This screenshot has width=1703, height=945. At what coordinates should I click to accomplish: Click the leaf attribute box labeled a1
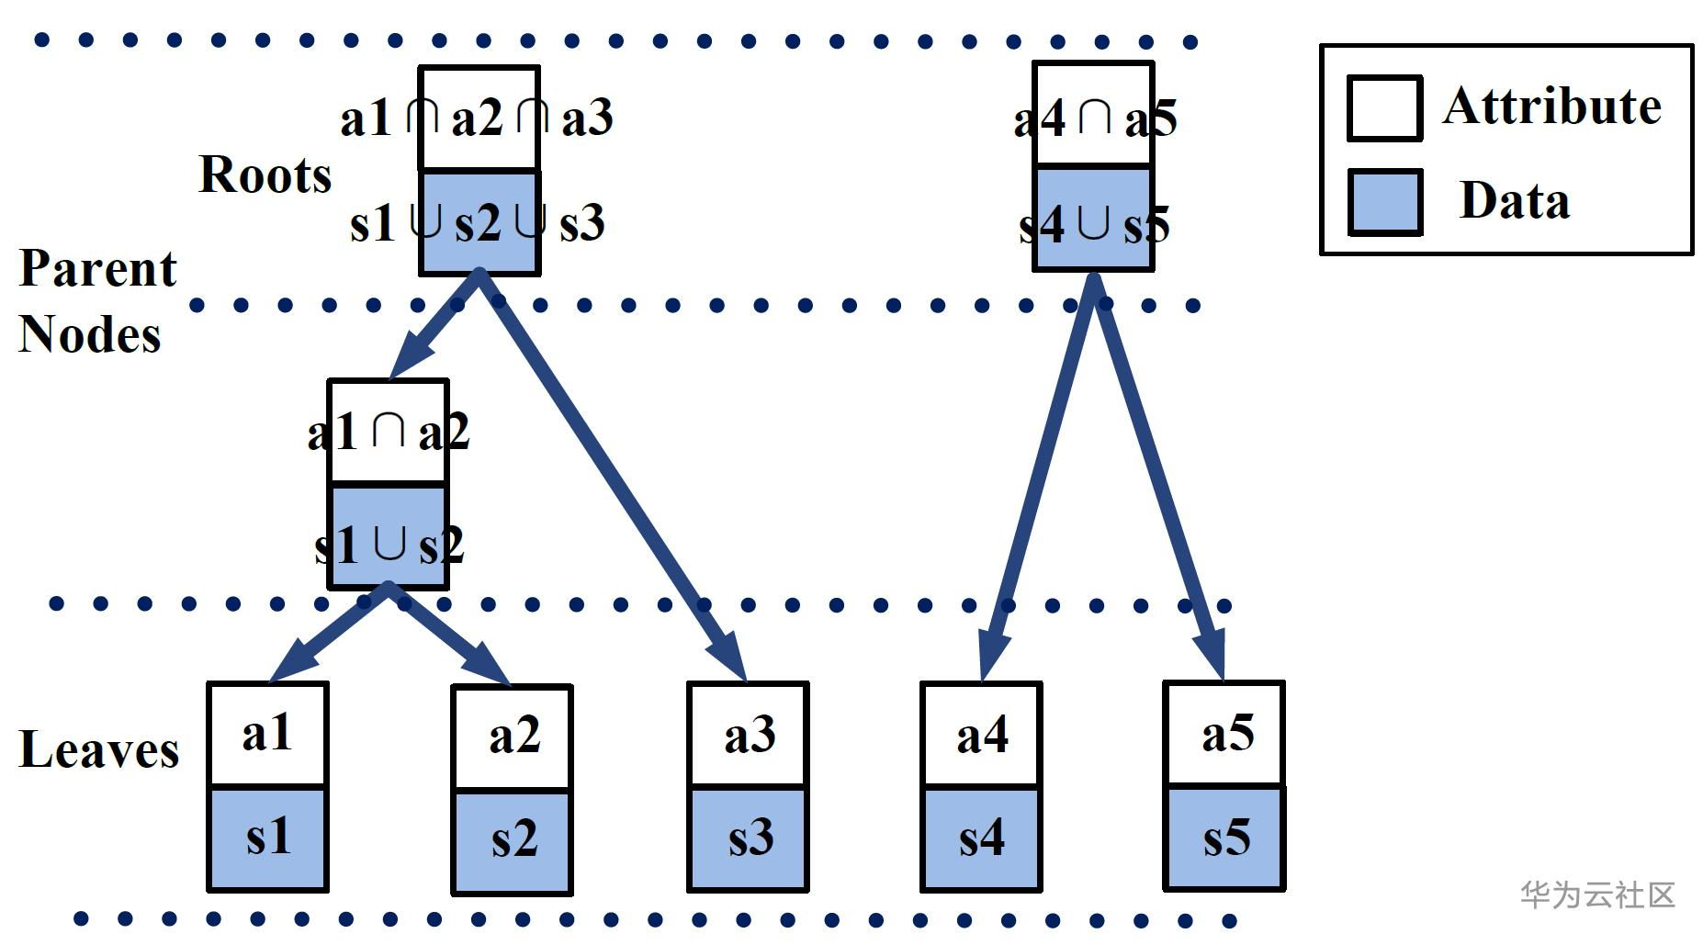(267, 735)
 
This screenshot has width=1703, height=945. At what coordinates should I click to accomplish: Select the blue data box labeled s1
(267, 838)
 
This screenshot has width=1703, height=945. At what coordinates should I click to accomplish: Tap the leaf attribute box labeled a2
(512, 737)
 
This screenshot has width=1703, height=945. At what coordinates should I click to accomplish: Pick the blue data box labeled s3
(748, 838)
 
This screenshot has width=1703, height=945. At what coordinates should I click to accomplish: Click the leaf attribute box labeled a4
(981, 735)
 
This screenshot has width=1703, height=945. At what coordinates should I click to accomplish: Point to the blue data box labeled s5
(1224, 838)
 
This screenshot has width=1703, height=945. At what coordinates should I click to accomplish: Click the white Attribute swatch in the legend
(1384, 108)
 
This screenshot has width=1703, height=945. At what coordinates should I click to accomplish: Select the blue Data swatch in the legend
(1384, 202)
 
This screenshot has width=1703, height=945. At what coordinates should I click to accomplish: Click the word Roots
(265, 174)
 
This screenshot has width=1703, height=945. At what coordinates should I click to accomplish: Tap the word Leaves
(98, 749)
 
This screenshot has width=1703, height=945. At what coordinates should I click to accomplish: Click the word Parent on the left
(97, 269)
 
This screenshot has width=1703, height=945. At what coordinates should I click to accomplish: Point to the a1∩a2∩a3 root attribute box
(479, 118)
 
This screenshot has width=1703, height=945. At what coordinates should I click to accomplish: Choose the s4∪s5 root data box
(1093, 219)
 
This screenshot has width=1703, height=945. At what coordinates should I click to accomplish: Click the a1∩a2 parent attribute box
(388, 432)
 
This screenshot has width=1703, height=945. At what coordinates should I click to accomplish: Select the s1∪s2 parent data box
(388, 536)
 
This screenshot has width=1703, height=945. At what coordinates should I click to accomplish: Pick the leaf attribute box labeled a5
(1224, 734)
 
